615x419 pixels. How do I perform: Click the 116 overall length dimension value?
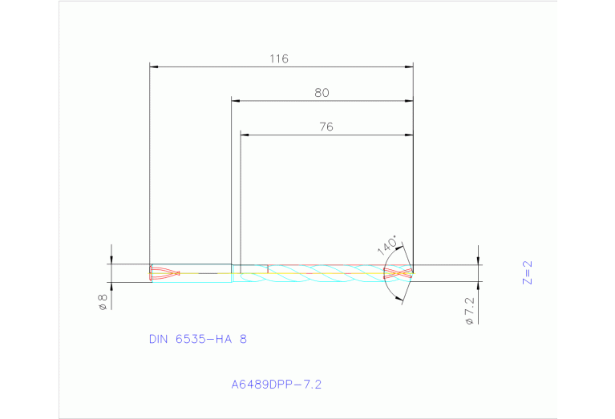pyautogui.click(x=279, y=58)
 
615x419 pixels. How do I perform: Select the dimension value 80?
pyautogui.click(x=322, y=93)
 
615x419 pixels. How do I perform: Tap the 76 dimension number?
pyautogui.click(x=326, y=127)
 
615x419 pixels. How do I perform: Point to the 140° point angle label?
pyautogui.click(x=387, y=244)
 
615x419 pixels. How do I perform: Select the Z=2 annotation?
pyautogui.click(x=527, y=272)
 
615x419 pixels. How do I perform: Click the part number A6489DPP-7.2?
pyautogui.click(x=276, y=385)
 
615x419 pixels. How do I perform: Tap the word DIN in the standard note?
pyautogui.click(x=160, y=339)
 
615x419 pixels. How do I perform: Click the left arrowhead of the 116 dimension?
pyautogui.click(x=154, y=66)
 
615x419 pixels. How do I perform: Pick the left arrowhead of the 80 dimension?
pyautogui.click(x=235, y=101)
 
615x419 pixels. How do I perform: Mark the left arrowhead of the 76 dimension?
pyautogui.click(x=245, y=135)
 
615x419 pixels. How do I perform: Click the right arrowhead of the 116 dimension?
pyautogui.click(x=410, y=66)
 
